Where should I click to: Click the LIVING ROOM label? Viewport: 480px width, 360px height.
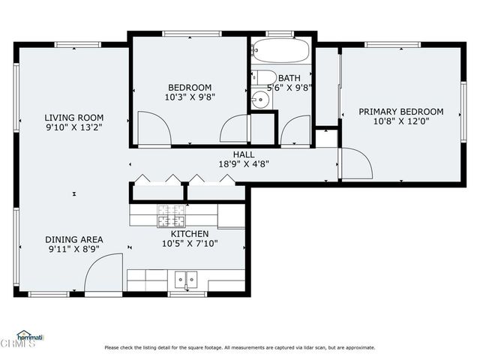73,118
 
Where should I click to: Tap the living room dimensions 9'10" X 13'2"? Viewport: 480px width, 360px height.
73,127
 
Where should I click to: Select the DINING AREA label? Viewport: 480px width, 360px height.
73,239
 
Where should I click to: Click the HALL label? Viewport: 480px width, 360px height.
243,154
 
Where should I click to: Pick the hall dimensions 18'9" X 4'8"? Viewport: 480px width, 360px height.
243,163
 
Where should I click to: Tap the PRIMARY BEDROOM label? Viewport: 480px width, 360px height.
400,112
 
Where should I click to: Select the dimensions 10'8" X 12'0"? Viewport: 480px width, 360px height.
400,121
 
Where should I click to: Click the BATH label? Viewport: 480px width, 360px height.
289,77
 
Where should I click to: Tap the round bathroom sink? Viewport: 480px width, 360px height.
260,98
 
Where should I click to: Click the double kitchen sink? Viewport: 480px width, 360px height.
185,280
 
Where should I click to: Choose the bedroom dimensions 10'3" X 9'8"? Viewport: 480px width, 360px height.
190,97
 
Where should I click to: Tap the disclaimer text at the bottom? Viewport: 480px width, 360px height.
240,347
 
